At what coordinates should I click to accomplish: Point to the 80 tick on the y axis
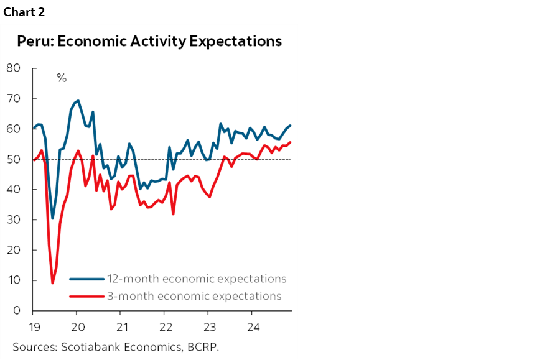[x=13, y=68]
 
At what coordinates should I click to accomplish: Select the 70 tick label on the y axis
[x=13, y=98]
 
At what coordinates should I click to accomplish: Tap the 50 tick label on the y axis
[x=13, y=159]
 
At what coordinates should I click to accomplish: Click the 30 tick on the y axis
[x=13, y=219]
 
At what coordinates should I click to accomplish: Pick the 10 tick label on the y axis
[x=13, y=280]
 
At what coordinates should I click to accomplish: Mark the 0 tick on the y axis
[x=17, y=311]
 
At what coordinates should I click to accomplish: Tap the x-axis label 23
[x=210, y=326]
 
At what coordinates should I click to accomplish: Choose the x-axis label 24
[x=254, y=326]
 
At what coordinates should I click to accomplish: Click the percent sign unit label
[x=62, y=78]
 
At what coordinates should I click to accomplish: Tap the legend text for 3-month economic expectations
[x=195, y=296]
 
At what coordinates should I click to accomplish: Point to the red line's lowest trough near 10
[x=52, y=283]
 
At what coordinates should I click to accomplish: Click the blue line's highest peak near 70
[x=77, y=101]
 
